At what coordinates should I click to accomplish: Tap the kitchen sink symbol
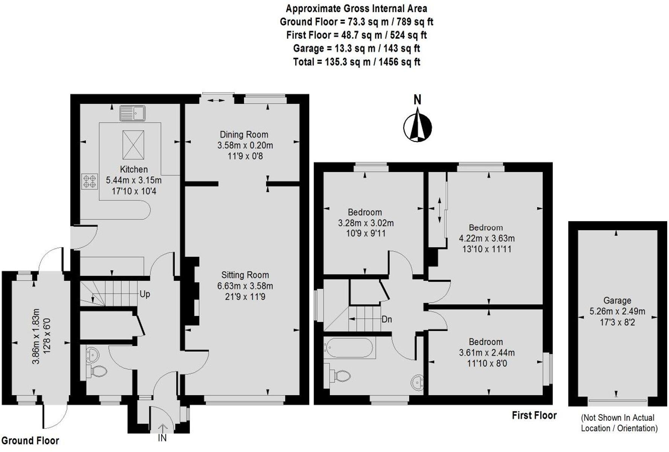133,113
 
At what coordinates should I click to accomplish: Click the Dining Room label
244,135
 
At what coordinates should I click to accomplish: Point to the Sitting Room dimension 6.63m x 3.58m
245,286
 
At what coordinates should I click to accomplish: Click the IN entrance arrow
162,429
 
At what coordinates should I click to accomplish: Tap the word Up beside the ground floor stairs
145,294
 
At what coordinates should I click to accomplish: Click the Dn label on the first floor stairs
387,320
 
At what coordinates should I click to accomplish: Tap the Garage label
617,300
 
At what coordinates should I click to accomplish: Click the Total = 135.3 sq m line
356,62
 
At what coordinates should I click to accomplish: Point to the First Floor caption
534,416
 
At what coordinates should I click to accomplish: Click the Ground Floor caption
30,441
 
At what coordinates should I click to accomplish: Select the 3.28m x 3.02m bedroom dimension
366,223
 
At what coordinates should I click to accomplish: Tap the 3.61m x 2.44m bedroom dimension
487,353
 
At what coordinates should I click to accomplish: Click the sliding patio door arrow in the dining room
216,100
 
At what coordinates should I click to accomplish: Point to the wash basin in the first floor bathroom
417,382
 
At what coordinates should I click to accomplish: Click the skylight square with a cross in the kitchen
133,145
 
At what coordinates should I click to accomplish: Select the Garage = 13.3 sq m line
356,49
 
